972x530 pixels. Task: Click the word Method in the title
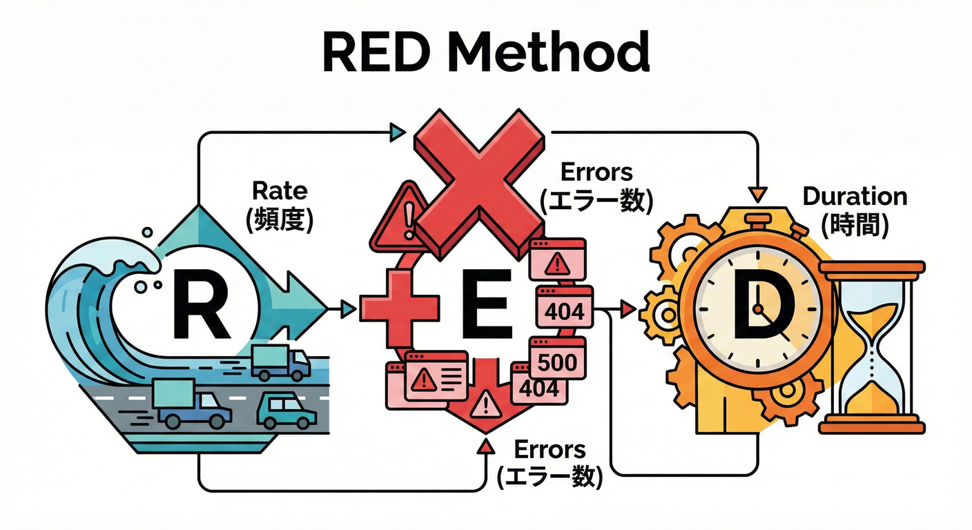tap(560, 52)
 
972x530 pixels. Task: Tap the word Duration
tap(855, 197)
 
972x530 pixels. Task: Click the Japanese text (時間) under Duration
tap(855, 225)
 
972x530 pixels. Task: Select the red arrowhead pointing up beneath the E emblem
tap(486, 449)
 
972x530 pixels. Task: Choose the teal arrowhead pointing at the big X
tap(397, 131)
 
